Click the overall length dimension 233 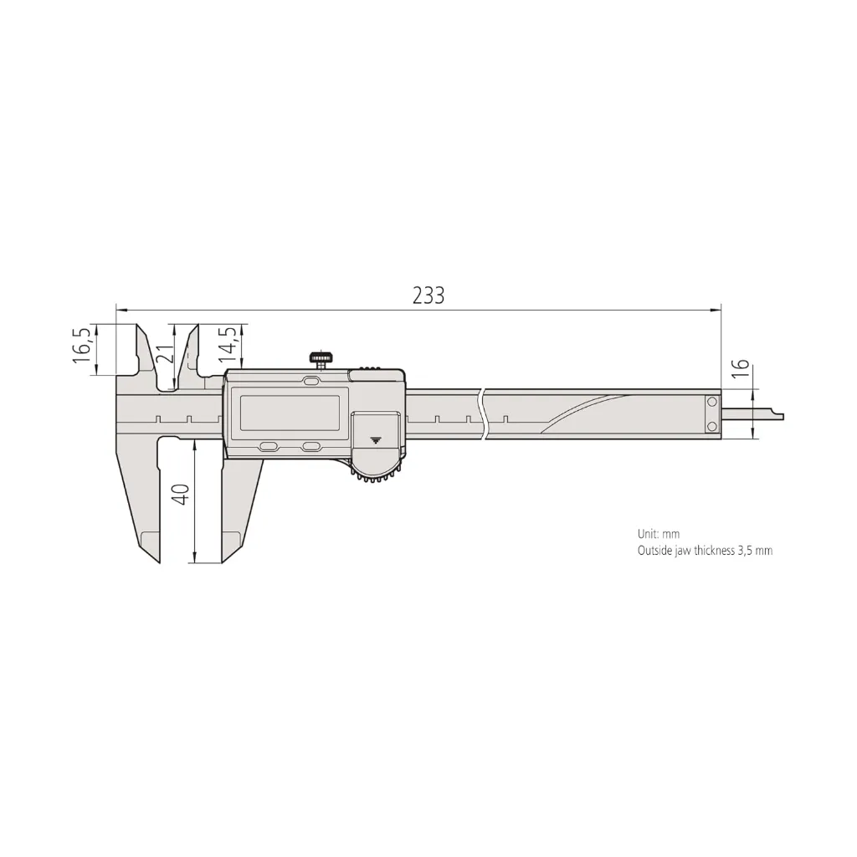[428, 295]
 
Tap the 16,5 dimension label [82, 346]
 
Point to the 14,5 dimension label [228, 345]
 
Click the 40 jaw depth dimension [182, 495]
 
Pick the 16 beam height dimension [740, 369]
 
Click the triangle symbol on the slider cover [376, 439]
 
